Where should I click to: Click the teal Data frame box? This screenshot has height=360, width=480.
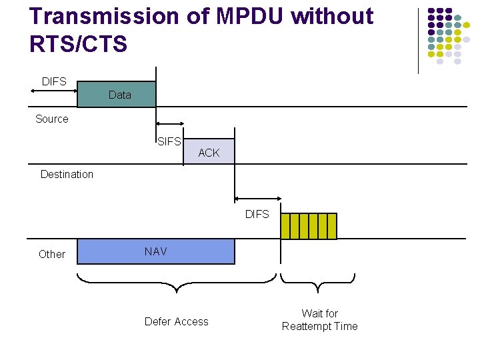click(117, 95)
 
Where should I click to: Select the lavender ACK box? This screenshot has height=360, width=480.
click(209, 152)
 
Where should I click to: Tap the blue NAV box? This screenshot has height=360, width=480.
click(156, 251)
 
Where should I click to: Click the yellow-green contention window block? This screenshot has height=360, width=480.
click(309, 226)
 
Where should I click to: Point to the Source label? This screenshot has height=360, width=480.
click(52, 119)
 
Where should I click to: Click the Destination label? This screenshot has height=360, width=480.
click(67, 174)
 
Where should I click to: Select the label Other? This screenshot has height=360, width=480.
click(52, 254)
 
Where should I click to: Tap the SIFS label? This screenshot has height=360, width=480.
click(169, 141)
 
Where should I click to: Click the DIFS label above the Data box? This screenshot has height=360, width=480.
click(54, 81)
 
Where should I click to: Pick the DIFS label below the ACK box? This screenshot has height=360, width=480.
click(257, 214)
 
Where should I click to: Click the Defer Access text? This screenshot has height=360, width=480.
click(177, 321)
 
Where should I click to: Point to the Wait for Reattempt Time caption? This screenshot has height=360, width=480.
click(320, 320)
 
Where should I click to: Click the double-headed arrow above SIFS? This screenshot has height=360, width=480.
click(170, 123)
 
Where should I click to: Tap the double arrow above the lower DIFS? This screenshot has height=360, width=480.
click(257, 199)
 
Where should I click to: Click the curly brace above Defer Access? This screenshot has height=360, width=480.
click(177, 284)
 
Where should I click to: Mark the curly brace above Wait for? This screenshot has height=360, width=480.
click(318, 283)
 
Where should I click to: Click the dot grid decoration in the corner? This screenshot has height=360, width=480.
click(445, 36)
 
